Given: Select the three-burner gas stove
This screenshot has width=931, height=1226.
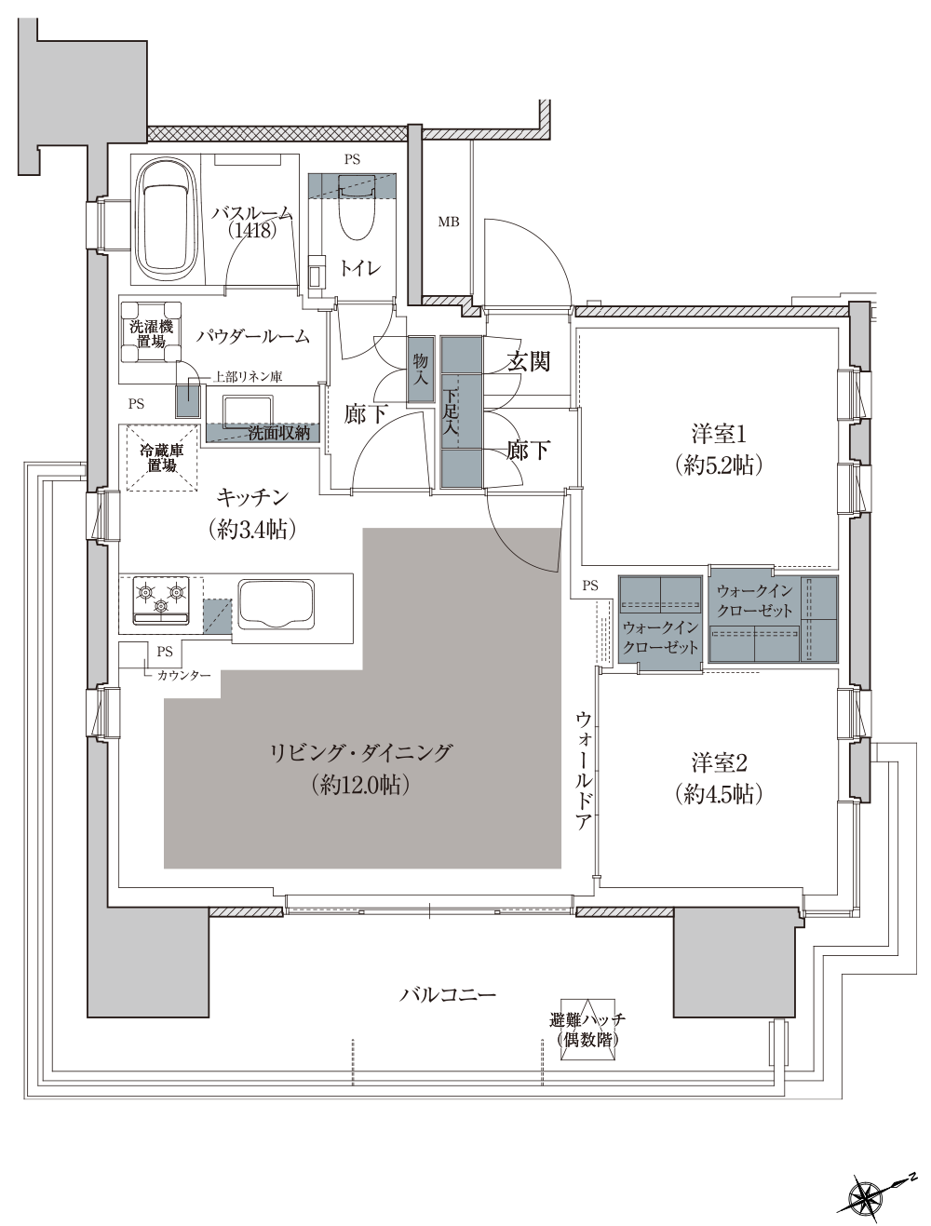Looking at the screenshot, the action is tap(161, 601).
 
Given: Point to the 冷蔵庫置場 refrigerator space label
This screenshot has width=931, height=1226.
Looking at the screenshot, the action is tap(162, 458).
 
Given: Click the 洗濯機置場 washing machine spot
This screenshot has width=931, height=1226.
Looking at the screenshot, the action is tap(151, 334).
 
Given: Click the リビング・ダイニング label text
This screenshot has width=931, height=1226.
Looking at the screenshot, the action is tap(360, 752).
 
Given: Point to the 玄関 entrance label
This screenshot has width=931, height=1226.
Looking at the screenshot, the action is tap(528, 362).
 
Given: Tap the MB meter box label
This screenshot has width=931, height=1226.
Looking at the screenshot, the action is tap(449, 222).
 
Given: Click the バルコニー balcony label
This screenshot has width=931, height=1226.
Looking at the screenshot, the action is tap(448, 995).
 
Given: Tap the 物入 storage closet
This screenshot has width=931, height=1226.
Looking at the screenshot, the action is tap(421, 370).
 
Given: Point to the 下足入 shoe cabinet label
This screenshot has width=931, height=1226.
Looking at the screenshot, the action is tap(452, 412).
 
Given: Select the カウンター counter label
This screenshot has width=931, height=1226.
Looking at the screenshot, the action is tap(183, 675).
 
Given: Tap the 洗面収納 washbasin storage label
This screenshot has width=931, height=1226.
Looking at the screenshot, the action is tap(279, 432).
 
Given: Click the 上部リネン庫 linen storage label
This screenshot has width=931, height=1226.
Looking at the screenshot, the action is tap(248, 376).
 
